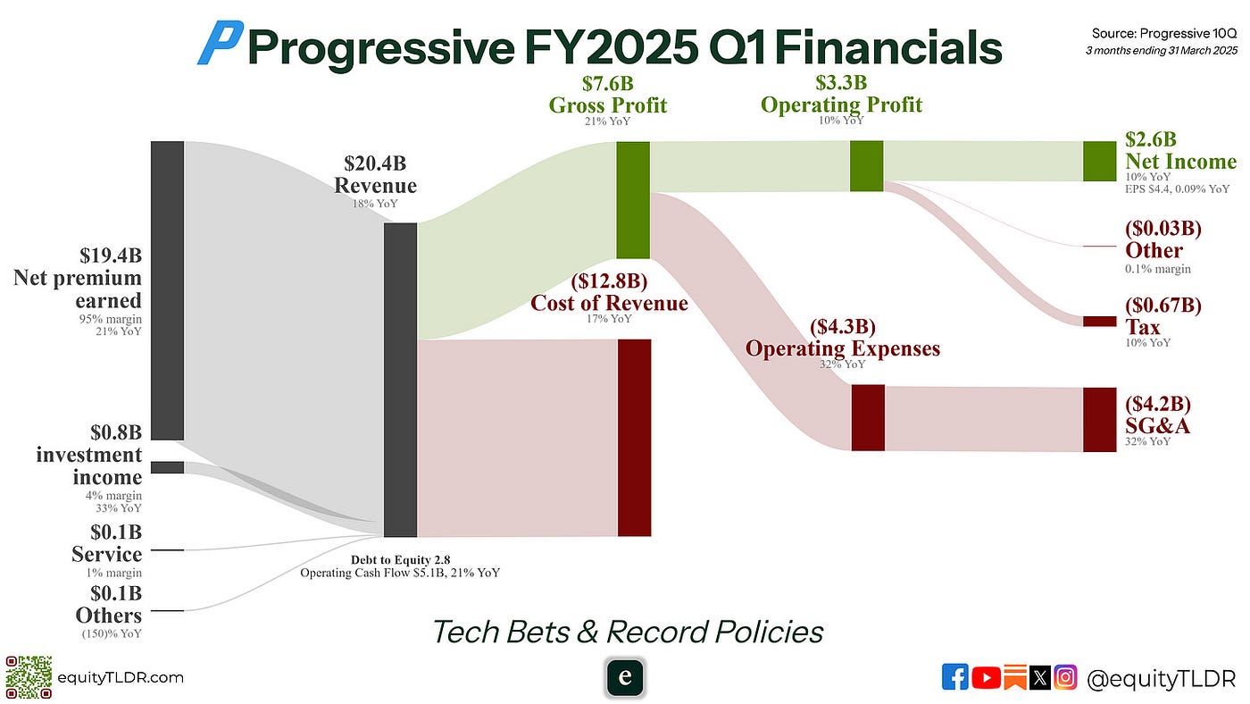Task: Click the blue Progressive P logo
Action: point(221,42)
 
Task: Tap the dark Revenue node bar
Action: point(400,380)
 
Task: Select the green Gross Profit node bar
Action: point(633,200)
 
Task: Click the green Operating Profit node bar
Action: point(866,166)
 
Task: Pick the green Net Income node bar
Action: point(1099,162)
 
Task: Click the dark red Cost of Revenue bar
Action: point(634,438)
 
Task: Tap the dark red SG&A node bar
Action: point(1099,419)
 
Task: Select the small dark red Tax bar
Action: point(1099,322)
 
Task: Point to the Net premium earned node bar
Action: point(167,290)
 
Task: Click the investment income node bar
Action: point(167,467)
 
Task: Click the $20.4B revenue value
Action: point(375,163)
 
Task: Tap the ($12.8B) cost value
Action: point(609,281)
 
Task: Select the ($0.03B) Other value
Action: point(1162,228)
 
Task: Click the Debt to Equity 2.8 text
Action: point(400,560)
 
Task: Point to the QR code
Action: point(29,677)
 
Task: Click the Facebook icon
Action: point(954,677)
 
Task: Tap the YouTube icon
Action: point(986,678)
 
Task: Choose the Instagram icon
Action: point(1065,677)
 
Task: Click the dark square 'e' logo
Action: point(625,677)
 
